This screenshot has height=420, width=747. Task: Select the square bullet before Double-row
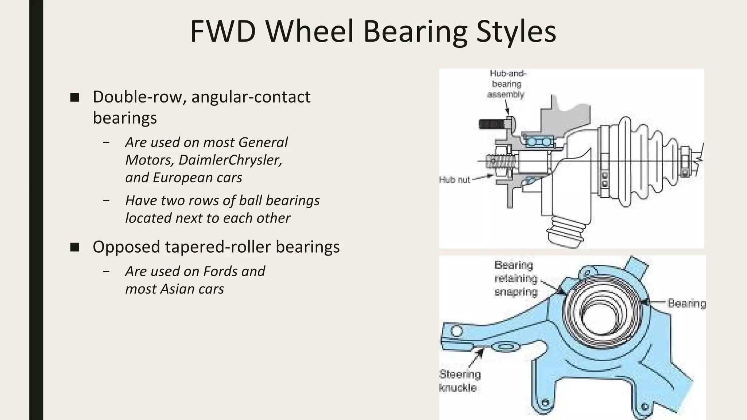point(75,97)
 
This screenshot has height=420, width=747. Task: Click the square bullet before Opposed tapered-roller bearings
point(75,248)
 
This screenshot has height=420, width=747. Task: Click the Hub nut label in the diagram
point(454,179)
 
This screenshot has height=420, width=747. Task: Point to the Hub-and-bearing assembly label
point(507,84)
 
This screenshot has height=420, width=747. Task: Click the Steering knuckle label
point(460,381)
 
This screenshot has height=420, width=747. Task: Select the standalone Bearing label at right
point(687,303)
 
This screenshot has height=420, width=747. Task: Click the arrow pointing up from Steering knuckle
point(476,359)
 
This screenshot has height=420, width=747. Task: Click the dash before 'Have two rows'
point(106,201)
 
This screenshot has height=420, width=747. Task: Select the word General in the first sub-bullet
point(263,142)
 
